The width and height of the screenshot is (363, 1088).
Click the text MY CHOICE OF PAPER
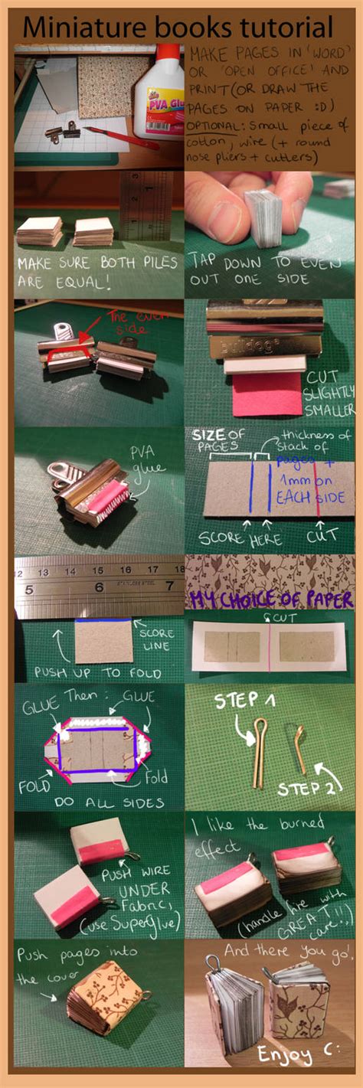click(x=272, y=598)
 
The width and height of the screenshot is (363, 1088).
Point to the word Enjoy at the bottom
click(x=283, y=1054)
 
